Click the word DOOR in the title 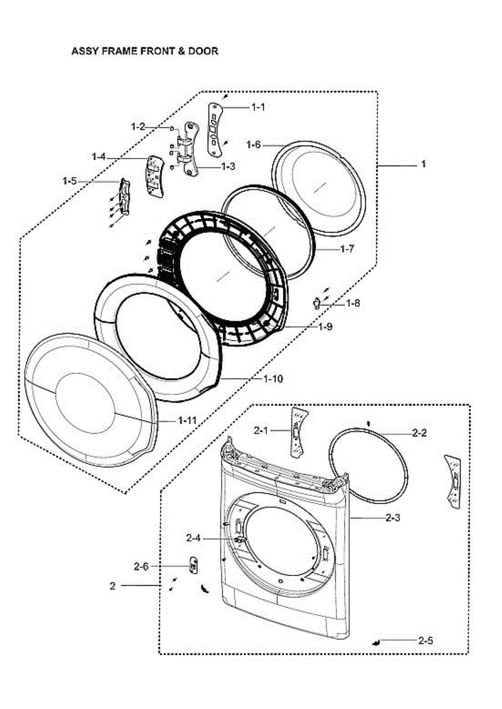(203, 51)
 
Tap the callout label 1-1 (258, 108)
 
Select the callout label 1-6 (254, 145)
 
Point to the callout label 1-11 (187, 420)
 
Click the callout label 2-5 (425, 640)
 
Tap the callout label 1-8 (353, 303)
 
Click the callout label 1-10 (273, 379)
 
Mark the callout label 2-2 (419, 432)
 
